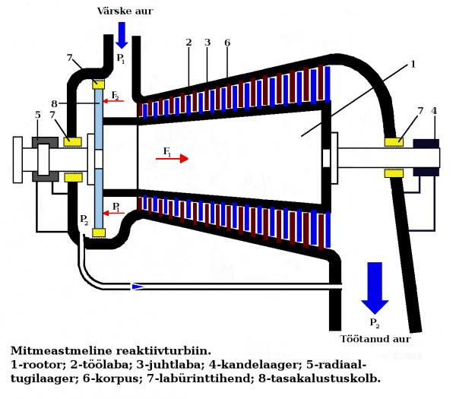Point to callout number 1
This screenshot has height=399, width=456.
pos(413,65)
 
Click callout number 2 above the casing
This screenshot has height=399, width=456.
pos(188,43)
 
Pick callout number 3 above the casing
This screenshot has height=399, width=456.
pos(206,43)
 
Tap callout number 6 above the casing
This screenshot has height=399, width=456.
pos(226,43)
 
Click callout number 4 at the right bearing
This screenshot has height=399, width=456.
pos(434,111)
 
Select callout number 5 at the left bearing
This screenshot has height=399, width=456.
pos(36,115)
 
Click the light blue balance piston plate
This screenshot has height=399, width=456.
pos(96,160)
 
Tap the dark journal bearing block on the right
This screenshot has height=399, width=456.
pos(426,157)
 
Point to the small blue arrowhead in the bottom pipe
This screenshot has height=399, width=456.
pos(138,287)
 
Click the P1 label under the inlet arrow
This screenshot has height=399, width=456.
pos(120,59)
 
